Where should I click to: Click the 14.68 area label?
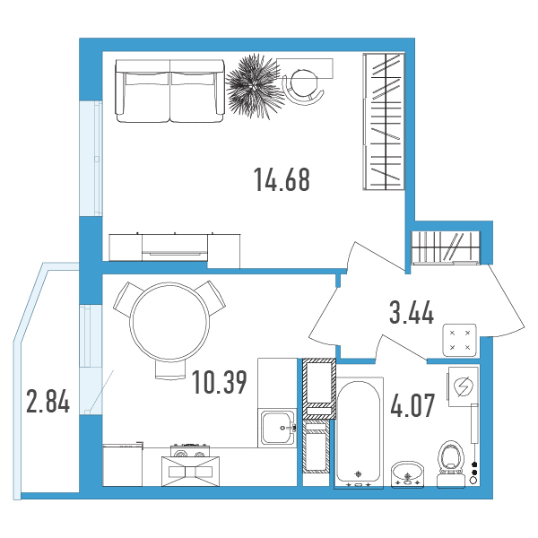point(282,179)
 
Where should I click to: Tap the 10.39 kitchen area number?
point(220,382)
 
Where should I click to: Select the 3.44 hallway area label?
point(412,312)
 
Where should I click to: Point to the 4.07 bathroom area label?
point(412,405)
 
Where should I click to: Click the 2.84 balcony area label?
point(48,401)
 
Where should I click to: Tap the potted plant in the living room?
point(255,86)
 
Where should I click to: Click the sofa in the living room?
point(169,91)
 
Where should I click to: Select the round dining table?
point(169,322)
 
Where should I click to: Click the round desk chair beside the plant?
point(303,87)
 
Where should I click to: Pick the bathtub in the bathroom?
point(359,433)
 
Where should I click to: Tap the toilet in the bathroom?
point(450,464)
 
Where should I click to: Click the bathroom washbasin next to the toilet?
point(408,474)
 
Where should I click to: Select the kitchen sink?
point(278,428)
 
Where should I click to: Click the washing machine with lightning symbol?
point(463,386)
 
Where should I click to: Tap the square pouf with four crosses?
point(460,340)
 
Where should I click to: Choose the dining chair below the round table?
point(169,369)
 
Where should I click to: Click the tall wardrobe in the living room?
point(384,121)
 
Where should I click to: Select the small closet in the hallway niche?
point(446,247)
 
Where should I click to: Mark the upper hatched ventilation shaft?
point(319,388)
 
